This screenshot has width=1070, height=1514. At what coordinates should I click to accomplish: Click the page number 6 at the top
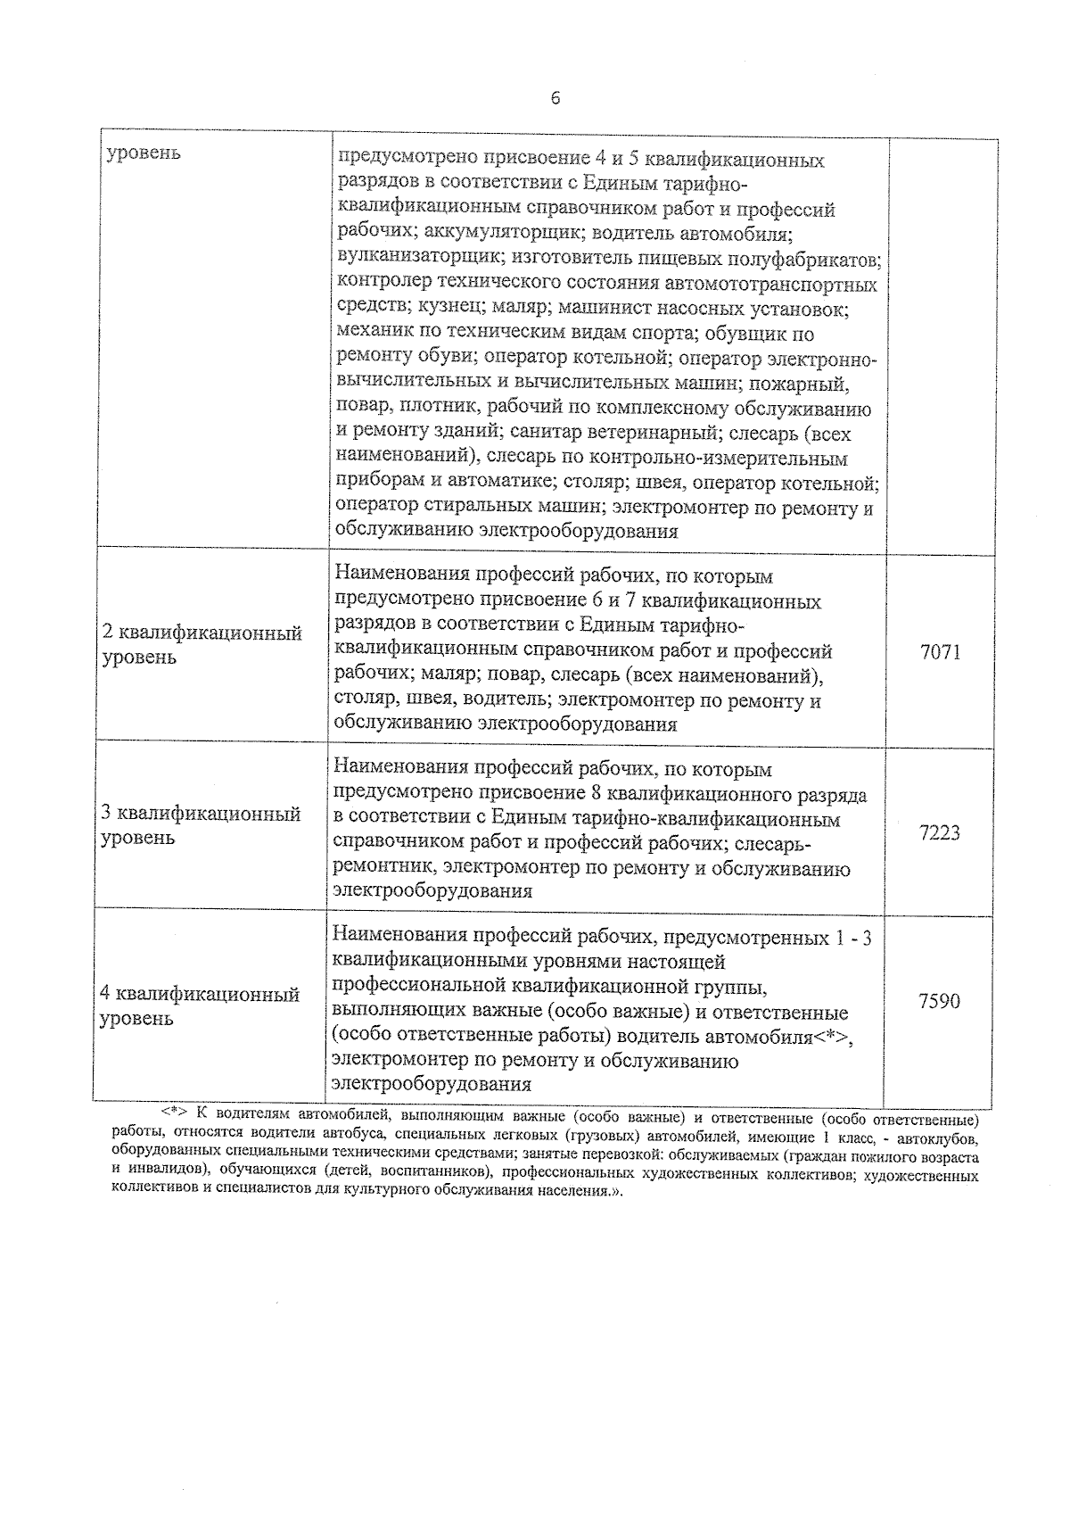(555, 98)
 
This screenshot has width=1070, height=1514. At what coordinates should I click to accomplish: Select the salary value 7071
(940, 651)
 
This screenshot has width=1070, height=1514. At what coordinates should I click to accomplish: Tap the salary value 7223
(940, 832)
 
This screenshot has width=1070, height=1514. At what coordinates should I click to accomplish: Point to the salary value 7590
(940, 1001)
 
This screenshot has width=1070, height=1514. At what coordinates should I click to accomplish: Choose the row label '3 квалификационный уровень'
(201, 825)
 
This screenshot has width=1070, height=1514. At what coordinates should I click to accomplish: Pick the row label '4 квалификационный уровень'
(200, 1005)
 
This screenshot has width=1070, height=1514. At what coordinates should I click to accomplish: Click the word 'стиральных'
(477, 509)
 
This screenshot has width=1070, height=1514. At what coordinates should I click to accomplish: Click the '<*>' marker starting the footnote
(173, 1115)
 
